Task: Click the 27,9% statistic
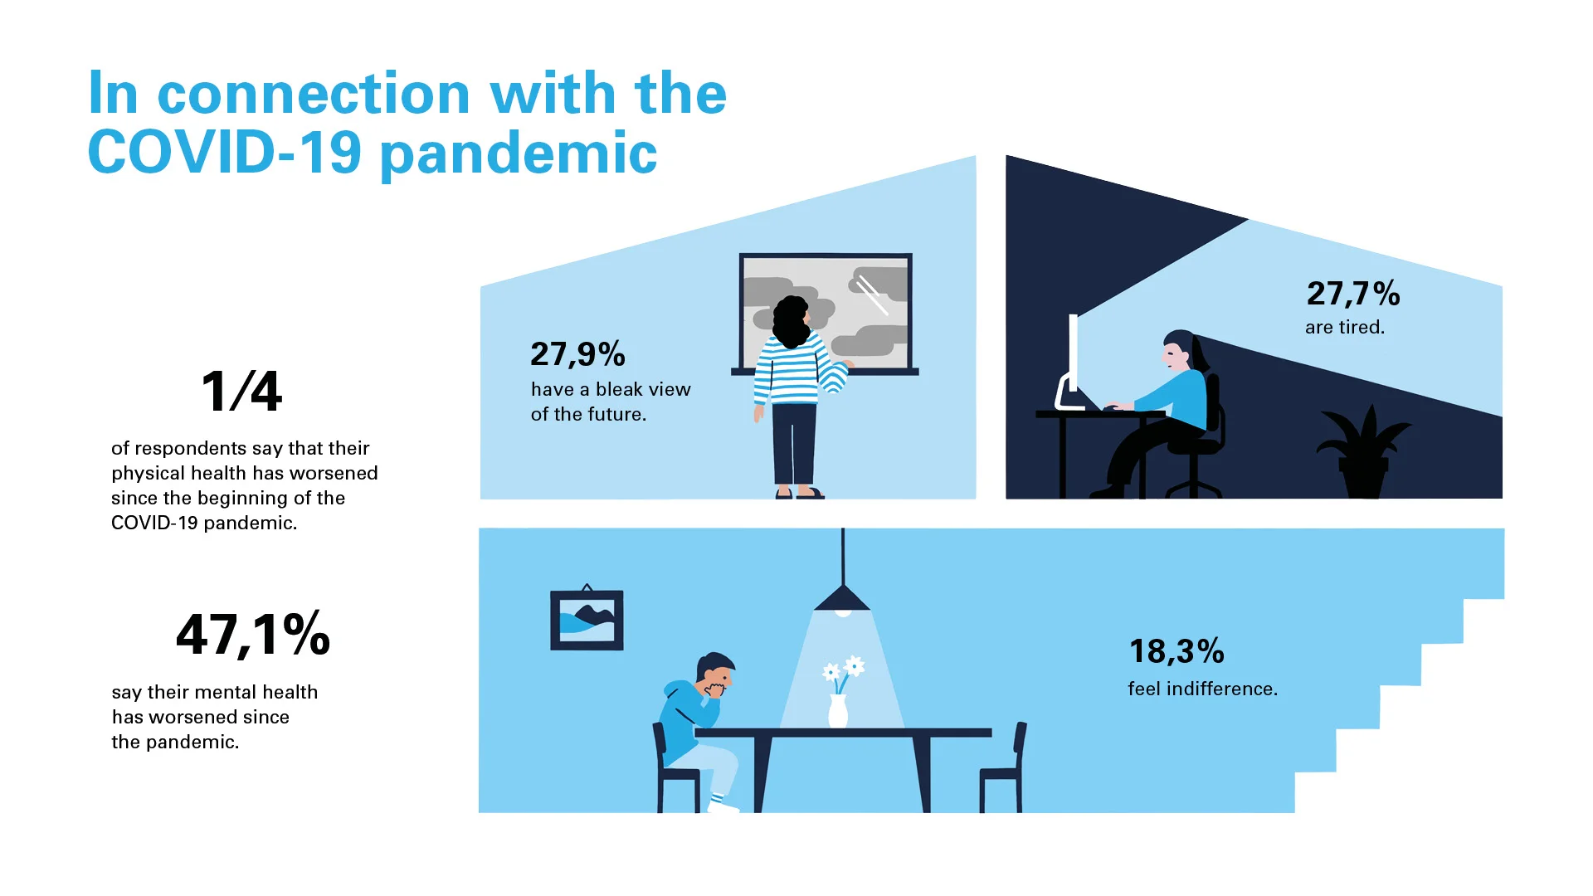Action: tap(577, 355)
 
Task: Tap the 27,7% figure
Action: tap(1353, 294)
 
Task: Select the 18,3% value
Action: tap(1176, 651)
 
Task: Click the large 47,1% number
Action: tap(253, 635)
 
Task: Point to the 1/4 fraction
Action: tap(241, 391)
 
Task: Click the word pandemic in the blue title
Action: tap(519, 154)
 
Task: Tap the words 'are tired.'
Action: tap(1345, 327)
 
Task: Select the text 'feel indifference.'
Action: tap(1202, 689)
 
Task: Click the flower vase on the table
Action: tap(838, 711)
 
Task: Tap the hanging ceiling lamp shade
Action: tap(843, 598)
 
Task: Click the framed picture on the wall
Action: tap(587, 620)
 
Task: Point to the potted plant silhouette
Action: tap(1363, 452)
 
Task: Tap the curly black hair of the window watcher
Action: tap(792, 321)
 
